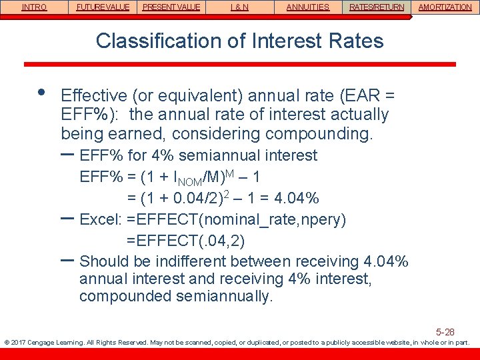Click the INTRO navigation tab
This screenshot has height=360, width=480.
(35, 7)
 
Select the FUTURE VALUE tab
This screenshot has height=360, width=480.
(103, 7)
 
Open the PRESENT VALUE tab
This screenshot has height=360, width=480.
(171, 7)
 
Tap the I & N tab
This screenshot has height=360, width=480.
(240, 7)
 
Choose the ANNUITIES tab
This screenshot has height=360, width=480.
(308, 7)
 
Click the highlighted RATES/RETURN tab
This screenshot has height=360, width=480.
(377, 7)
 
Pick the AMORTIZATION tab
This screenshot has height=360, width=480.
(445, 7)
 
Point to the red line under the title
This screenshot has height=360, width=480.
(240, 64)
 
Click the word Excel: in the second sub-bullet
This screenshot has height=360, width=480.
(100, 219)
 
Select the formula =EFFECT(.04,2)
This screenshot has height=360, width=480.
(189, 241)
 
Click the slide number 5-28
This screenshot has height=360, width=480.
(445, 331)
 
